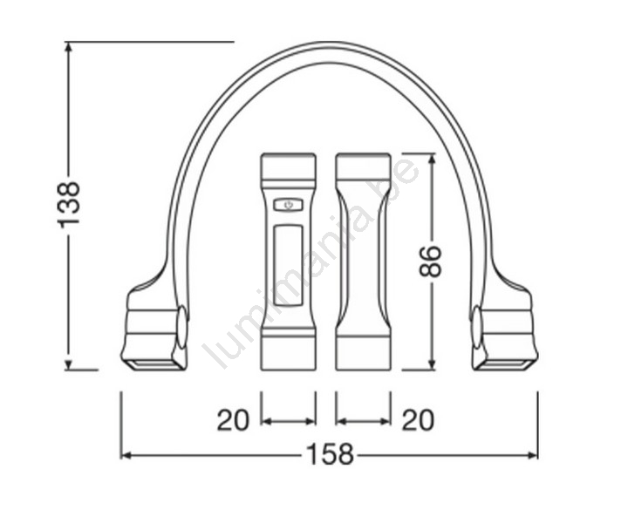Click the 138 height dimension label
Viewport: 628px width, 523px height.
tap(69, 205)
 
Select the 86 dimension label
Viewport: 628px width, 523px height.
tap(430, 261)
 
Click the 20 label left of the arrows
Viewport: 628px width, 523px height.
tap(233, 420)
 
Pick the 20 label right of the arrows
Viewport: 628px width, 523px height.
tap(418, 420)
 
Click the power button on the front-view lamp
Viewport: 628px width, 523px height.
tap(288, 206)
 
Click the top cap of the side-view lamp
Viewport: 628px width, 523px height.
tap(363, 165)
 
